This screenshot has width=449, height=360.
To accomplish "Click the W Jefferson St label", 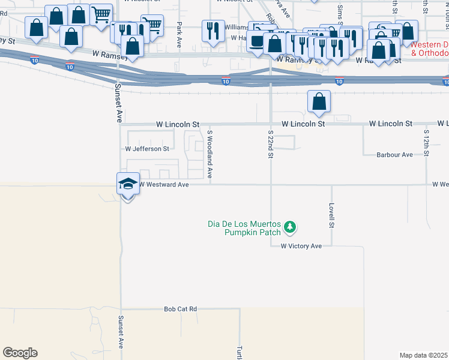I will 147,148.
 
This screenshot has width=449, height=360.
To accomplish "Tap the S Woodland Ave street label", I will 209,154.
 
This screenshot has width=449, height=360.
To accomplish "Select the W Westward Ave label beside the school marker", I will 164,185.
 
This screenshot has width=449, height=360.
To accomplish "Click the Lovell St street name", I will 331,215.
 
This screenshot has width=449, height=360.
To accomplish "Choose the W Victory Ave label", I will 301,246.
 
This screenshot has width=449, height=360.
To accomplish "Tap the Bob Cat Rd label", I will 181,309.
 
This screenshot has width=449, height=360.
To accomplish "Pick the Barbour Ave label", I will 394,155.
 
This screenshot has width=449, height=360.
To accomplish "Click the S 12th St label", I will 426,142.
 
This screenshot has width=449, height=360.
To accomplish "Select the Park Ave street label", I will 179,35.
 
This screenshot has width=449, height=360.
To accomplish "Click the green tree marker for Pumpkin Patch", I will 291,227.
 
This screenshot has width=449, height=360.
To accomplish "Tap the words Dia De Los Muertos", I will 244,224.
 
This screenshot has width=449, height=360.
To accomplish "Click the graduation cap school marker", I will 128,184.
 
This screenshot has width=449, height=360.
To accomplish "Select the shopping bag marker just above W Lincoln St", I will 319,101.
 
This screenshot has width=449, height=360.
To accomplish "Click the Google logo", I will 20,353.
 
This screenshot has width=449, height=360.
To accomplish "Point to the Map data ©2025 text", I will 424,355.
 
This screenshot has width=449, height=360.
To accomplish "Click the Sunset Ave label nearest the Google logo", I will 121,332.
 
